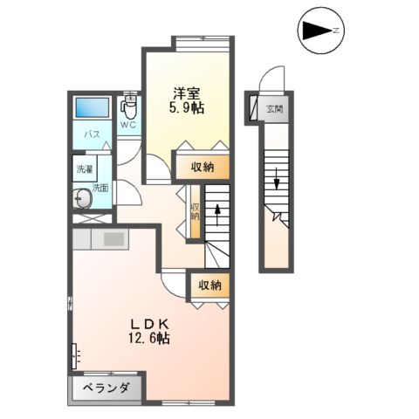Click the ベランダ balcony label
106,388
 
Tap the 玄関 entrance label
274,109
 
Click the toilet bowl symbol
129,109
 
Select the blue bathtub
91,108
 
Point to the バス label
90,135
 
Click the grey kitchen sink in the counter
114,237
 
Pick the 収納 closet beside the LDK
209,285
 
